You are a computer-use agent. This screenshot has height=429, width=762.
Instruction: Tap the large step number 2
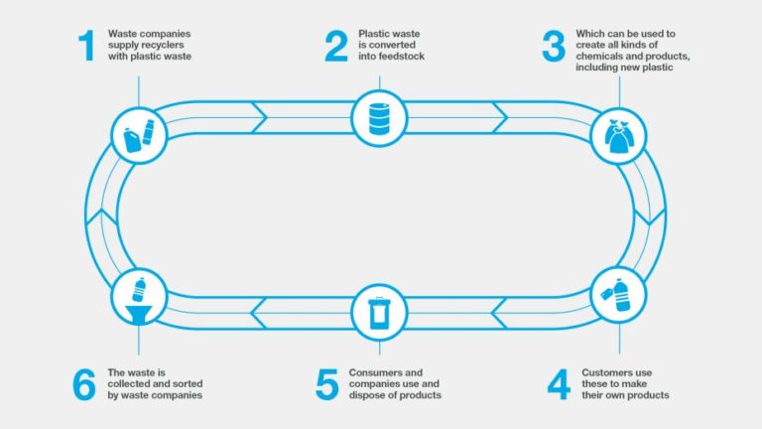click(336, 47)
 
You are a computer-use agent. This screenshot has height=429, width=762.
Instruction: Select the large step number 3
click(553, 47)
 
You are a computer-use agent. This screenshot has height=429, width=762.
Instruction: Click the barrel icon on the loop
click(378, 118)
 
